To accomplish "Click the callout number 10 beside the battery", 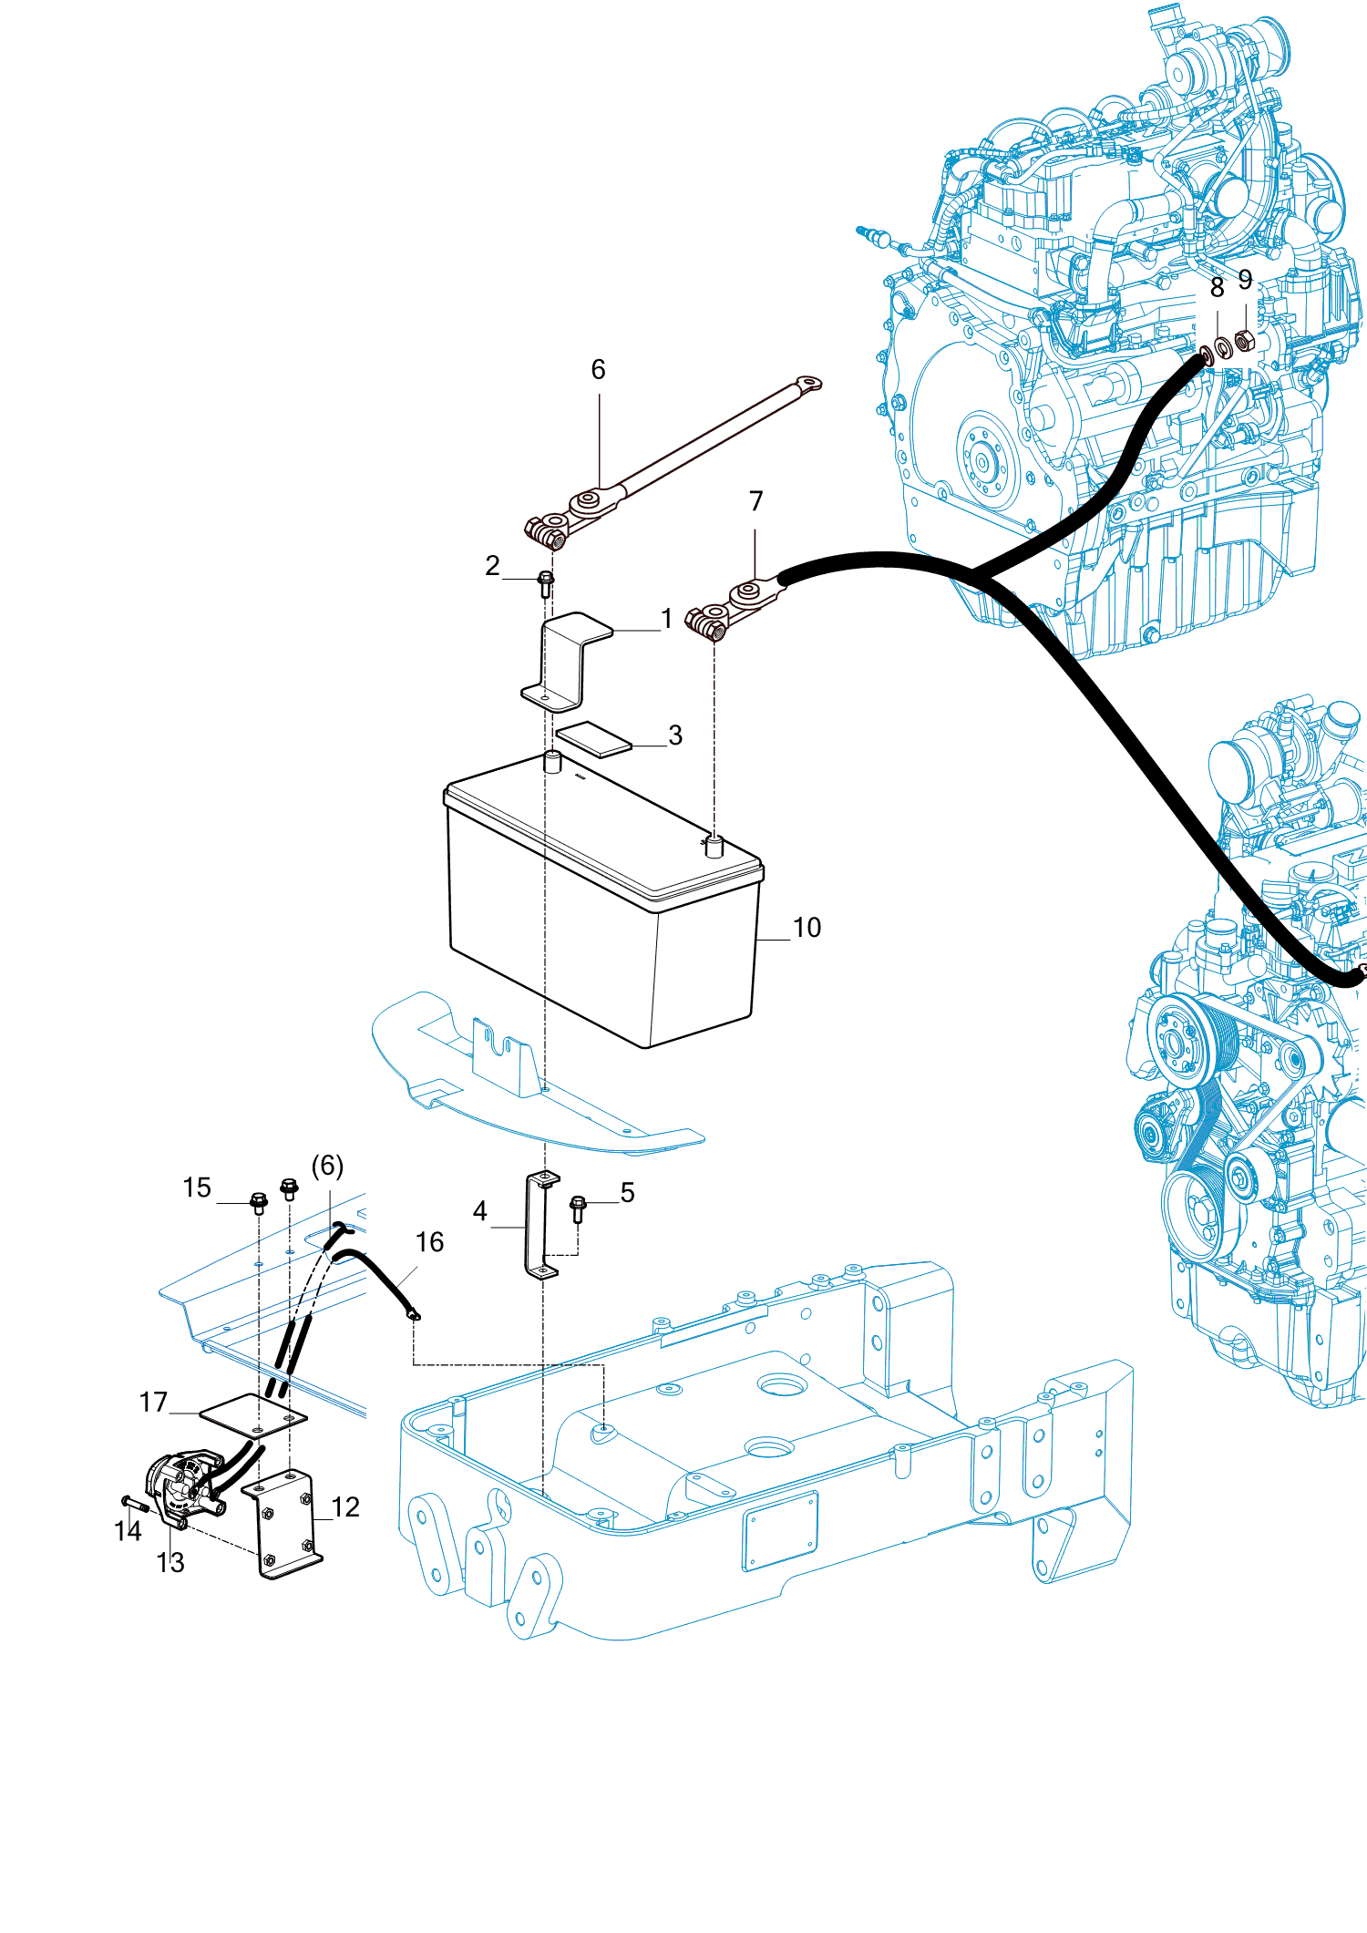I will click(x=807, y=928).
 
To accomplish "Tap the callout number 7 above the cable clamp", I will click(x=755, y=501).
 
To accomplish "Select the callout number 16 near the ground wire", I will click(x=429, y=1242).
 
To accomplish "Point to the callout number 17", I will click(x=153, y=1402).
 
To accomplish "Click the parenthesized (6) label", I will click(x=327, y=1166).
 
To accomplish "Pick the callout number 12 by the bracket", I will click(x=345, y=1507).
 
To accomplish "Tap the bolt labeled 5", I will click(x=577, y=1208).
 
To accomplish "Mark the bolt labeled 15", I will click(x=258, y=1202).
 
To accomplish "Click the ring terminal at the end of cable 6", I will click(x=807, y=384).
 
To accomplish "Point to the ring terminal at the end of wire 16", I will click(x=413, y=1315).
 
